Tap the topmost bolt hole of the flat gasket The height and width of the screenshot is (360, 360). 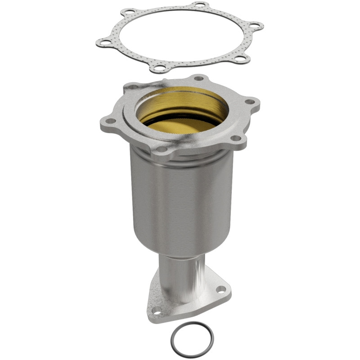[x=199, y=5]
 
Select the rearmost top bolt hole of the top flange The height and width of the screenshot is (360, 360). [x=198, y=78]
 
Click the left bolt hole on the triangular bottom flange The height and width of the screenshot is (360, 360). [x=157, y=310]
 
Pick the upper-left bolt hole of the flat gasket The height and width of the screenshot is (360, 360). [x=129, y=11]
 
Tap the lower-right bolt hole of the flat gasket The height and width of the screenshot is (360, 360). [x=241, y=58]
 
